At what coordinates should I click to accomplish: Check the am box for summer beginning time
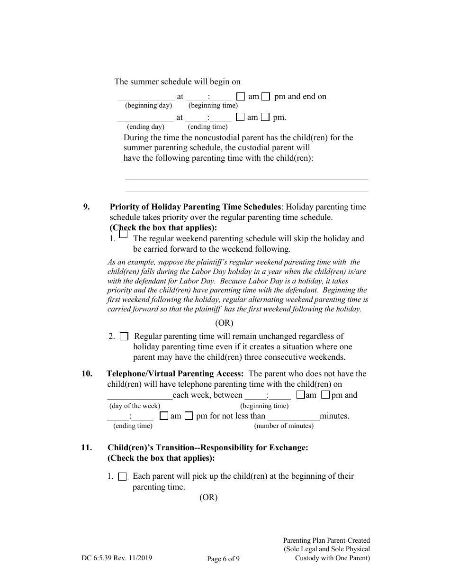[241, 96]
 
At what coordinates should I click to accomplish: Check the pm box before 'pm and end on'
[266, 96]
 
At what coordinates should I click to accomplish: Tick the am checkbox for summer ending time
[240, 117]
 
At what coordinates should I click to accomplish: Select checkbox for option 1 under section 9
[123, 234]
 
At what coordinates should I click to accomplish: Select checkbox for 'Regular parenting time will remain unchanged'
[124, 337]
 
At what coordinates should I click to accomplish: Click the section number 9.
[86, 207]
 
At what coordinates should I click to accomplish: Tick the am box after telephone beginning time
[300, 395]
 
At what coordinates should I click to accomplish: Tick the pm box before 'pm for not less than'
[189, 416]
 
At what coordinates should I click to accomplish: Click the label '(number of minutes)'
[284, 426]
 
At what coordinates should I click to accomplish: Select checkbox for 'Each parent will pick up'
[122, 477]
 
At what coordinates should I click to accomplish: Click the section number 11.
[86, 447]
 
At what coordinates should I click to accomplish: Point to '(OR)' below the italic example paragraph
[224, 323]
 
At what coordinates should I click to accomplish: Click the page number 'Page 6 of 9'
[223, 559]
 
